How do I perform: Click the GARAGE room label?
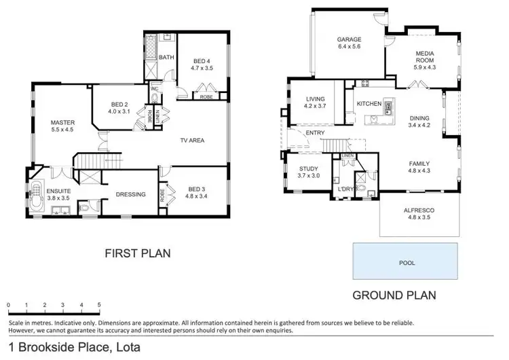350,39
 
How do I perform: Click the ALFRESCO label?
420,211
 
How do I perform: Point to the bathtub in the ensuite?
35,196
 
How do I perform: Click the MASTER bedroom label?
62,123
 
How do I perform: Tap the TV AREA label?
192,141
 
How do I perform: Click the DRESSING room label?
131,194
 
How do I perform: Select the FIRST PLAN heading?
136,253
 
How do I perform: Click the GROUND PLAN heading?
394,295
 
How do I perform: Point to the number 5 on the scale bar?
100,304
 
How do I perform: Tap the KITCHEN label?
369,104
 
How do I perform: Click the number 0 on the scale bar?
8,304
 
